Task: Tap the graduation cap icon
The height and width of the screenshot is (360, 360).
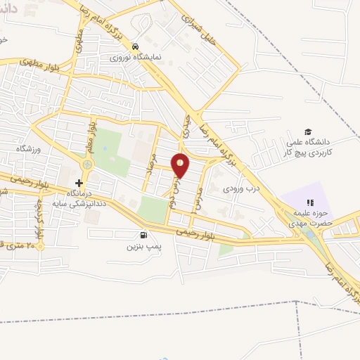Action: click(307, 132)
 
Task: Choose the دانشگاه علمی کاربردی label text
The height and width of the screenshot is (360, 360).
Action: click(307, 147)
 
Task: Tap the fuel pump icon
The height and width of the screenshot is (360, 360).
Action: click(143, 236)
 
